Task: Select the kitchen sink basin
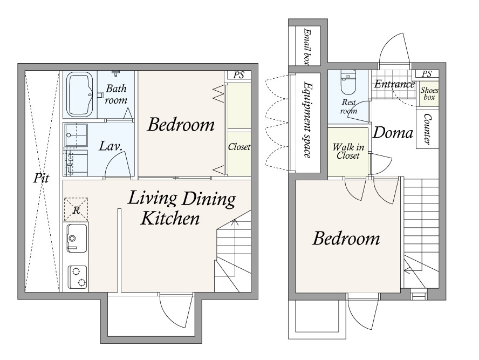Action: pos(77,239)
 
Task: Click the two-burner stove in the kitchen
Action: pos(77,277)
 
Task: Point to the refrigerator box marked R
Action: pos(76,209)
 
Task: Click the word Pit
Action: pos(41,178)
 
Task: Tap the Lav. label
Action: pos(111,146)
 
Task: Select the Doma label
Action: pos(393,133)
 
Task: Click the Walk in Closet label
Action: pos(348,151)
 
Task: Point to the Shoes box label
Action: pos(429,93)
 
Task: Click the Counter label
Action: pos(427,129)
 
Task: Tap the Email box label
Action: pos(307,47)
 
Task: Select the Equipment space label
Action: pos(307,120)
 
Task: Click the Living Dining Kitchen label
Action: pos(182,208)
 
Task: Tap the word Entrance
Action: pos(394,84)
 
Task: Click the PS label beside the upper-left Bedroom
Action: pos(238,75)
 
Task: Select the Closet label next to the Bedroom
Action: pos(239,147)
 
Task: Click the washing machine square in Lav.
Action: pos(76,135)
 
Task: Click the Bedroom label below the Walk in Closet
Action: pos(346,239)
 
